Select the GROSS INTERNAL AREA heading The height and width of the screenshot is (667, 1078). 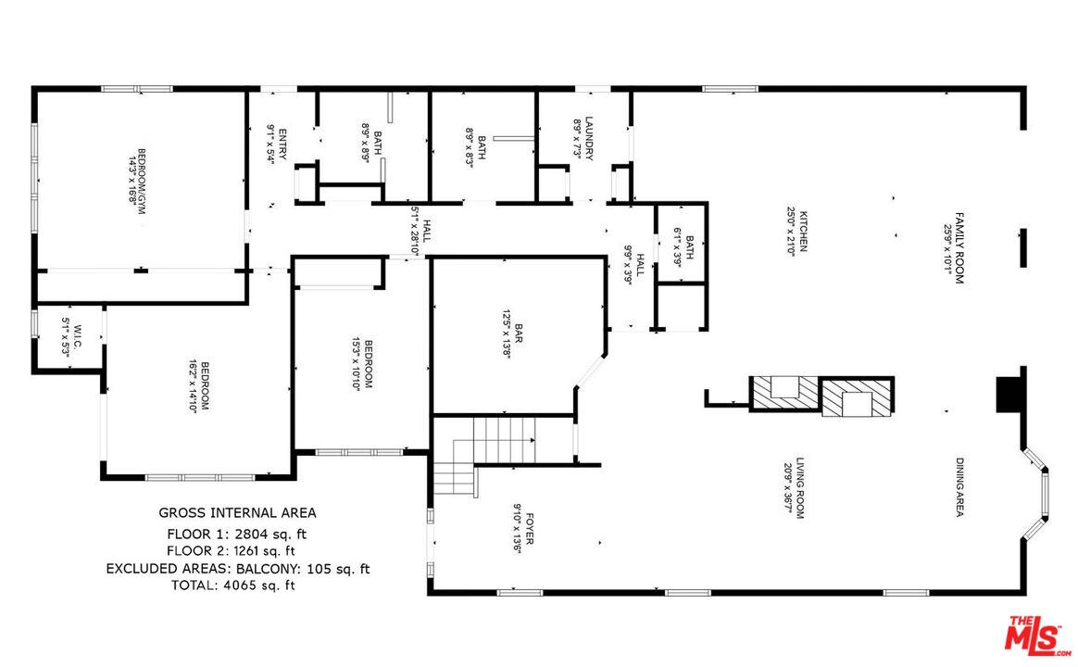click(237, 512)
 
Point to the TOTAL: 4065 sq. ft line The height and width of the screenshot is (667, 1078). click(233, 585)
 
